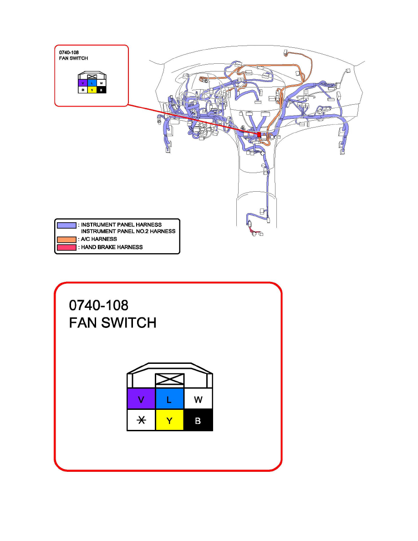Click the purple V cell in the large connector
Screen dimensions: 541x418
click(141, 399)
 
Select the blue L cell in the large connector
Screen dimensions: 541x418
click(169, 399)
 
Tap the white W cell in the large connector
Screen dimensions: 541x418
click(198, 399)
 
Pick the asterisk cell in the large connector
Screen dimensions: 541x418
click(141, 421)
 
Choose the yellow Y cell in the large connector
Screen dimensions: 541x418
click(169, 421)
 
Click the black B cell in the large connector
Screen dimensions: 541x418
click(198, 421)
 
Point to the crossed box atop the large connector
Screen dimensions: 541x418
click(169, 380)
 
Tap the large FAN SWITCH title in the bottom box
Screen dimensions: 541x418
click(112, 323)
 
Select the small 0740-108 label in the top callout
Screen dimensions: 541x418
click(69, 52)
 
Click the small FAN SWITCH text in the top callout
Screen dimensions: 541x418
click(73, 59)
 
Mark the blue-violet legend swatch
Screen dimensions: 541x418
click(66, 225)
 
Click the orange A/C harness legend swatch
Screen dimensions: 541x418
click(66, 239)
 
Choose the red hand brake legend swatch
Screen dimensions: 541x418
click(66, 247)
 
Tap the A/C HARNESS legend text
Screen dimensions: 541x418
click(99, 239)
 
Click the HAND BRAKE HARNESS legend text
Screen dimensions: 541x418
click(112, 247)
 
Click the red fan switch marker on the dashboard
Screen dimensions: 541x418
click(259, 135)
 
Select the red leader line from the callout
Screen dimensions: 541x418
click(191, 119)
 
